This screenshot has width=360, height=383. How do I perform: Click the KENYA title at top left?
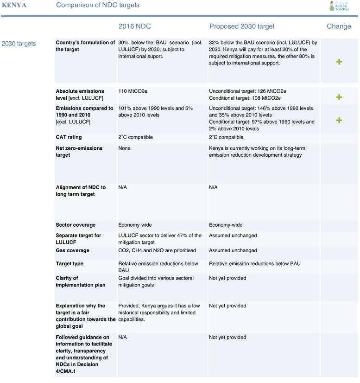pos(14,5)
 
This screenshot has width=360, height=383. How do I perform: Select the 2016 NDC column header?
pos(134,26)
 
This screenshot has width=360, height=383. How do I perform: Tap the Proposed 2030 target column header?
pos(242,26)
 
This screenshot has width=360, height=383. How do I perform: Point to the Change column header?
pos(339,26)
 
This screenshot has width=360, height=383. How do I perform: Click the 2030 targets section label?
pos(19,44)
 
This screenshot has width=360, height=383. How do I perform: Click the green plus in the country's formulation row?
pos(339,62)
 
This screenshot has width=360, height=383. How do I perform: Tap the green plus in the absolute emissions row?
pos(339,97)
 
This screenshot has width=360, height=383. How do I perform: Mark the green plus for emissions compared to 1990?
pos(339,120)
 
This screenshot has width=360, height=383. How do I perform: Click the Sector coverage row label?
pos(76,225)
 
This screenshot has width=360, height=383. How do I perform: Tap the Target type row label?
pos(69,264)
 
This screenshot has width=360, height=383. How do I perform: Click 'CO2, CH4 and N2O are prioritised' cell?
pos(157,251)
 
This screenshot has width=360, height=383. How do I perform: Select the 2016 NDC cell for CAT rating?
pos(135,138)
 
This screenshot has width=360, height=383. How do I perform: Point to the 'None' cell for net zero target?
pos(125,148)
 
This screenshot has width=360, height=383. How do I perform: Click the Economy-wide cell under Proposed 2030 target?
pos(226,225)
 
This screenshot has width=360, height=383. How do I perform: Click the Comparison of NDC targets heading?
pos(97,5)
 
